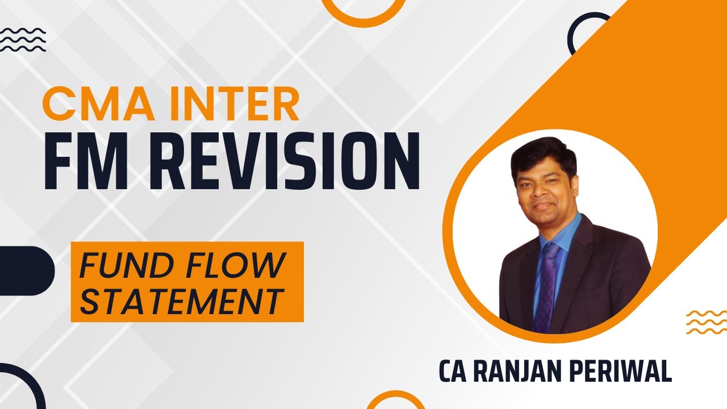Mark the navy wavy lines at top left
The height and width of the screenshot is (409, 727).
click(x=23, y=39)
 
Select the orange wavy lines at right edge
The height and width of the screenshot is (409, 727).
click(x=706, y=322)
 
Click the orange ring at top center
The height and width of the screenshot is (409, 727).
click(x=363, y=10)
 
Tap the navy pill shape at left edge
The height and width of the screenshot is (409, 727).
click(x=26, y=270)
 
